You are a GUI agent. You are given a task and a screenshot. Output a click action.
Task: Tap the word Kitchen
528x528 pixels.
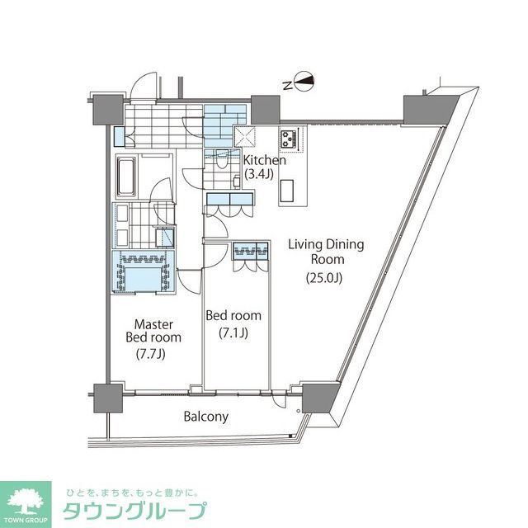[x=264, y=160]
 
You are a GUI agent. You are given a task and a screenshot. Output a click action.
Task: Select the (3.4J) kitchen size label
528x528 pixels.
[x=262, y=174]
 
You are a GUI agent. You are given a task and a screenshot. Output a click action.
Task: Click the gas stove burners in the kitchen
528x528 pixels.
[x=291, y=138]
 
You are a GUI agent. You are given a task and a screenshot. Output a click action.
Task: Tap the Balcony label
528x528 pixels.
[x=205, y=417]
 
